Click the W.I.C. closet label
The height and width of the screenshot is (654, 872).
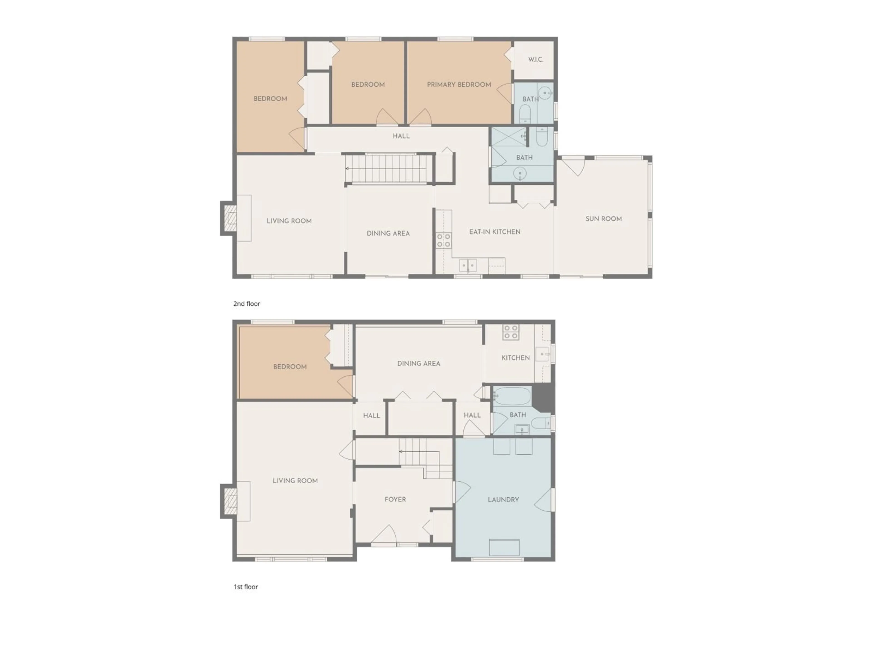(535, 59)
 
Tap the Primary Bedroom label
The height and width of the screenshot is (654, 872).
(459, 84)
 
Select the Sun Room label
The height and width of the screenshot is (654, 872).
(603, 219)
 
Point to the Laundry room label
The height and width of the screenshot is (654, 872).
(503, 499)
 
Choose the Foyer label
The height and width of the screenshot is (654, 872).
(395, 499)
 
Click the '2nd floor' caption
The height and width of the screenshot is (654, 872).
(247, 304)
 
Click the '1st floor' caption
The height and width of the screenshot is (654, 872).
(246, 587)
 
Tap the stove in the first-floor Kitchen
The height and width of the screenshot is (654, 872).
(510, 332)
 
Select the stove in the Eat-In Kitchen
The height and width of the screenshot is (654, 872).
(443, 240)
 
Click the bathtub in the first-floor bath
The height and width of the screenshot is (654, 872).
(512, 396)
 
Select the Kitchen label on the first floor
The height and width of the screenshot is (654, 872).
(515, 358)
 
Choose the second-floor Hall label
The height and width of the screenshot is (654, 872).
(401, 136)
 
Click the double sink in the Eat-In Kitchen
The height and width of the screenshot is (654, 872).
(468, 265)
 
